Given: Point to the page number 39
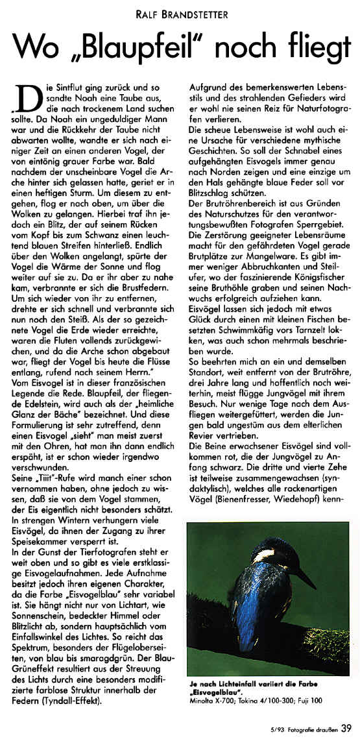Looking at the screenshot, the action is (x=346, y=727).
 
